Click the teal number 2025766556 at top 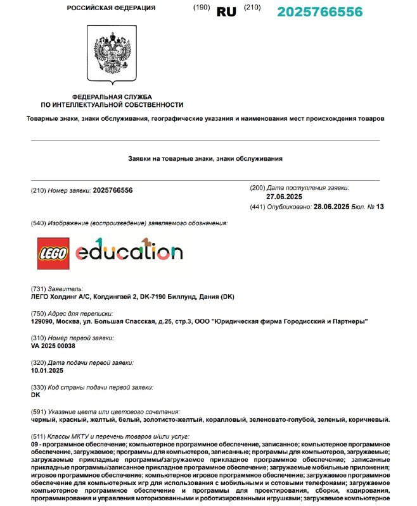[320, 12]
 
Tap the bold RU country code [226, 12]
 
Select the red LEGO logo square [54, 252]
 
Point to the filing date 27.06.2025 [284, 197]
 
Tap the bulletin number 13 [380, 207]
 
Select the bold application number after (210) [113, 190]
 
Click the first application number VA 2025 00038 [53, 346]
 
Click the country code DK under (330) [35, 395]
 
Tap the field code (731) [38, 289]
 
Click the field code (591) [38, 411]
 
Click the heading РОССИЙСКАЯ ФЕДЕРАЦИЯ [111, 8]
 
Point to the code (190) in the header [202, 8]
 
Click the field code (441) [258, 207]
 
